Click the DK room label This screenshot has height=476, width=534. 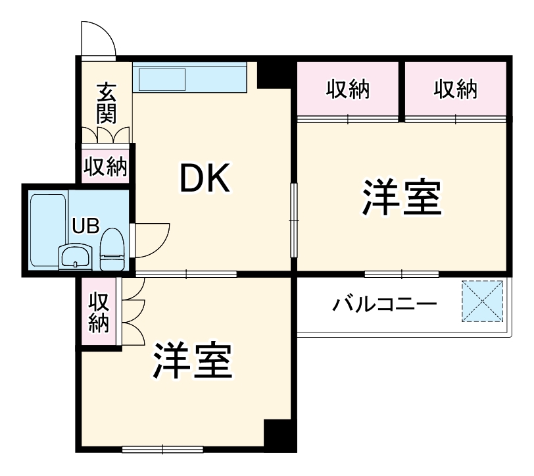tap(206, 178)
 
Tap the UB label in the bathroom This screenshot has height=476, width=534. tap(85, 226)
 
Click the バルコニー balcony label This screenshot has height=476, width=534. tap(384, 305)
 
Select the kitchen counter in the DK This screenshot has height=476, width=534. tap(189, 78)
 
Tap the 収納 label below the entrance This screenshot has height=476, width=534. tap(105, 167)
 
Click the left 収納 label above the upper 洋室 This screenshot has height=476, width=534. tap(348, 90)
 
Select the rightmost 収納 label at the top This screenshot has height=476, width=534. tap(455, 90)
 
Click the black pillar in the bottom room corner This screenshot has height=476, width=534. tap(277, 434)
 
